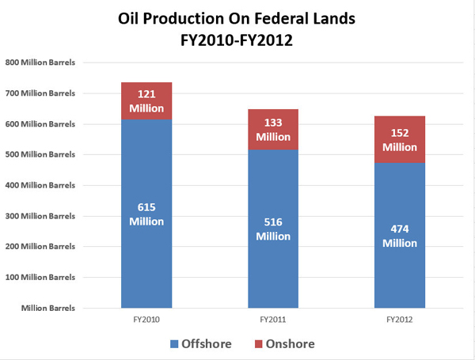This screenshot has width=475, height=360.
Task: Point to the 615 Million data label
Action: coord(146,214)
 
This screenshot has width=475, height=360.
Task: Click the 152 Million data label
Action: coord(400,140)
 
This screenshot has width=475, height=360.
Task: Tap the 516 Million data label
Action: coord(273,229)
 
